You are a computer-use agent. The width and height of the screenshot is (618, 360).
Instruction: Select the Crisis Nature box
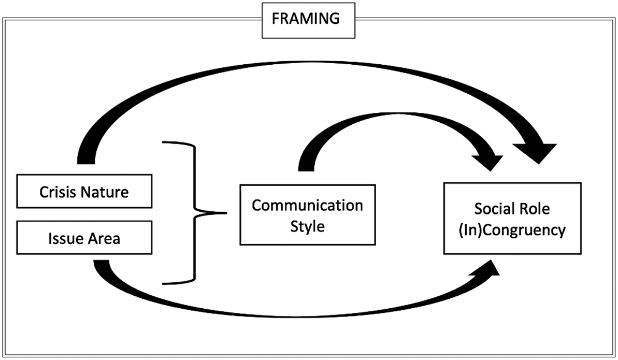click(84, 193)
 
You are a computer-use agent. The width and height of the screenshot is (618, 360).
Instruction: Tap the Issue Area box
click(84, 239)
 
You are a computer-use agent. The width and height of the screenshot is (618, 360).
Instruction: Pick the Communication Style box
click(307, 215)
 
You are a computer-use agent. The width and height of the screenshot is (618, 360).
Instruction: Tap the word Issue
click(61, 239)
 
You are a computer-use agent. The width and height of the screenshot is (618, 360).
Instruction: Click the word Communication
click(307, 205)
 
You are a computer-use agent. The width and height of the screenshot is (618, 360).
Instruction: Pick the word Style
click(307, 226)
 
